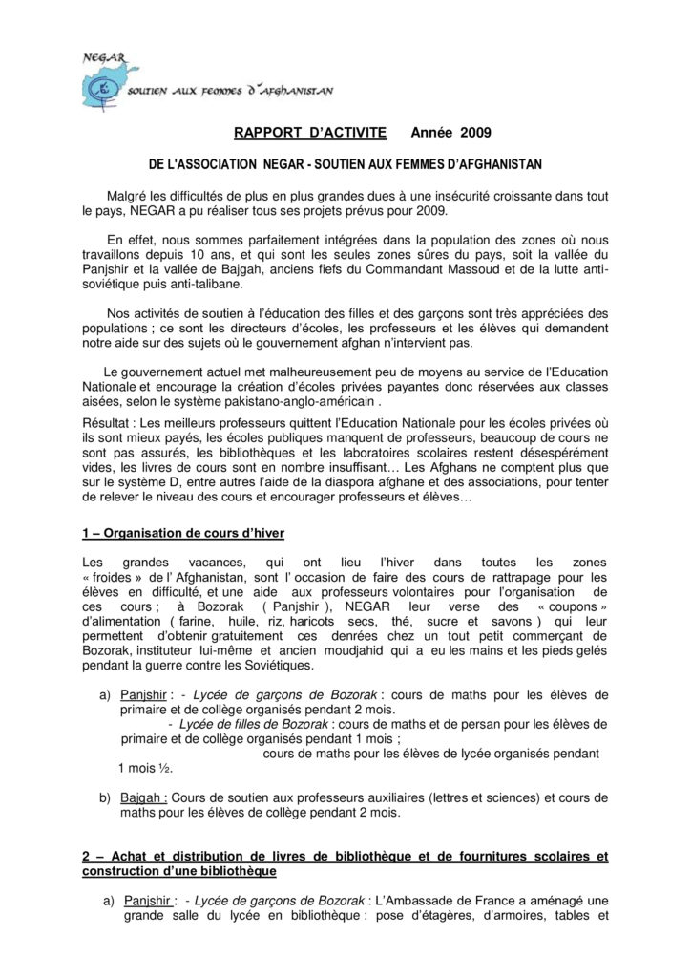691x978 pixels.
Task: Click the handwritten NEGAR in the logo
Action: pos(103,56)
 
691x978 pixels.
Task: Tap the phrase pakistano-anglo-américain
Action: pos(304,403)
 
